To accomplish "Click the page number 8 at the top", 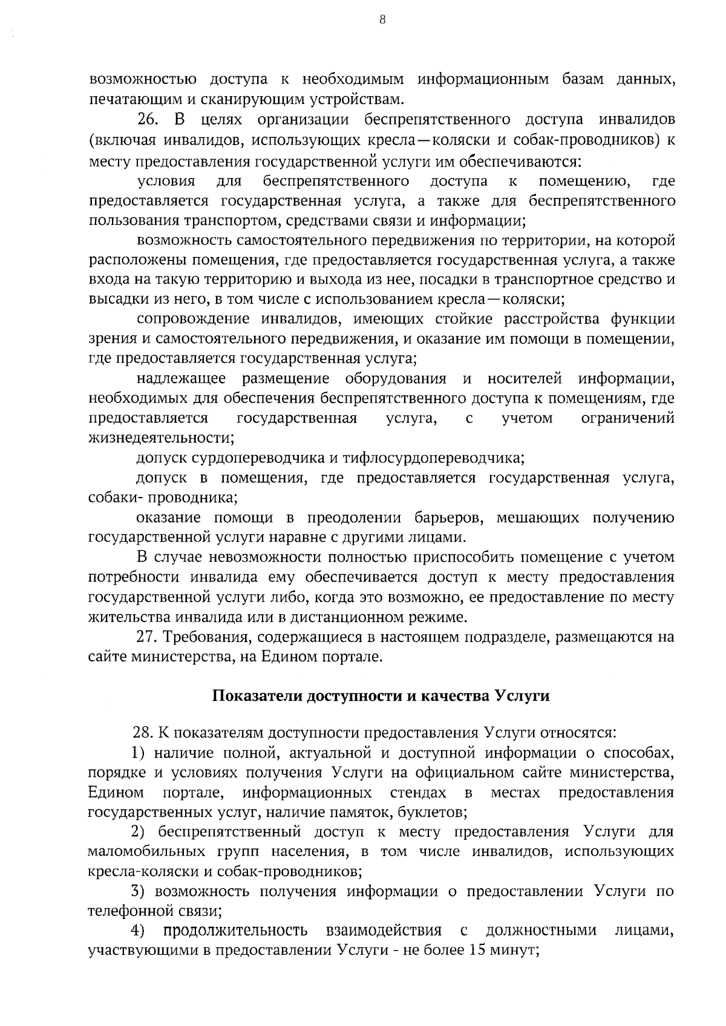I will pos(364,19).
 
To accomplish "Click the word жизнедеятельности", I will pos(161,438).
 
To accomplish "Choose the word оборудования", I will pos(396,379).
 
